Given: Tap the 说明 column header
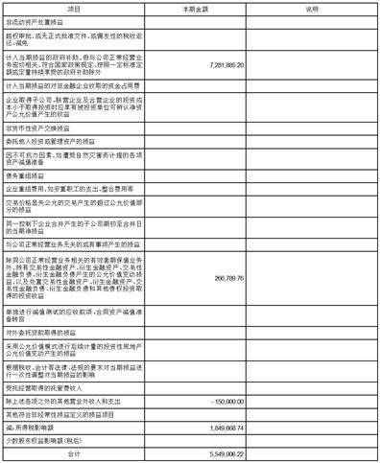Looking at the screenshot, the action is (x=311, y=8).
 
